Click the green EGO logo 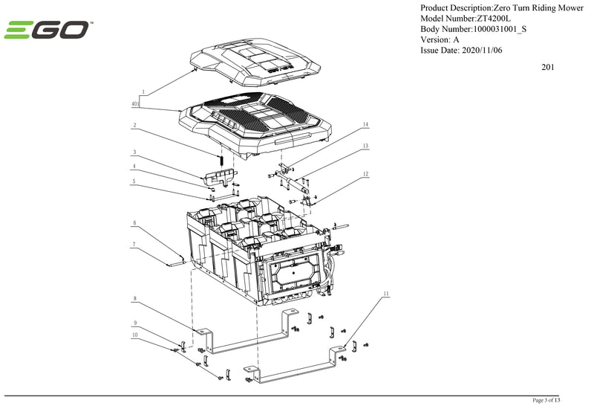(x=48, y=30)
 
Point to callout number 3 (x=134, y=151)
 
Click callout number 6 (x=134, y=222)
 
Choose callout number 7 (x=134, y=244)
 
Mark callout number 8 (x=134, y=299)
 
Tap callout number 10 (x=134, y=335)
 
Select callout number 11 (x=386, y=294)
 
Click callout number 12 (x=365, y=174)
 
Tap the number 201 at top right (x=549, y=68)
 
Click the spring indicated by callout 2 (x=221, y=159)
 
